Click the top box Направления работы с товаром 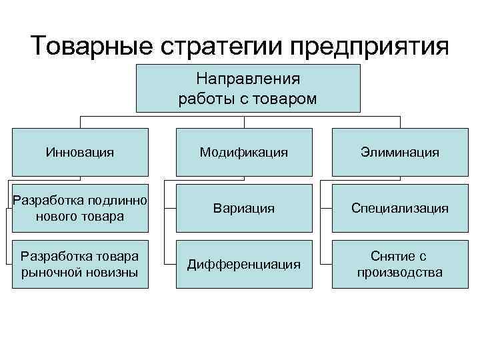click(x=248, y=89)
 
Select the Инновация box click(x=80, y=153)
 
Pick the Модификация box click(x=244, y=153)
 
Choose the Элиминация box click(x=400, y=153)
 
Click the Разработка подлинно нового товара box click(x=80, y=209)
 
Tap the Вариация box click(x=244, y=209)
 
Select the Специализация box click(x=400, y=209)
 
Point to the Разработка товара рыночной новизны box click(x=80, y=264)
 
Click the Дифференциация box click(x=244, y=264)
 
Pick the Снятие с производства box click(x=400, y=264)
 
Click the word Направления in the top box click(x=248, y=79)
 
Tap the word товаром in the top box click(x=287, y=99)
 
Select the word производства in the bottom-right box click(x=400, y=273)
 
